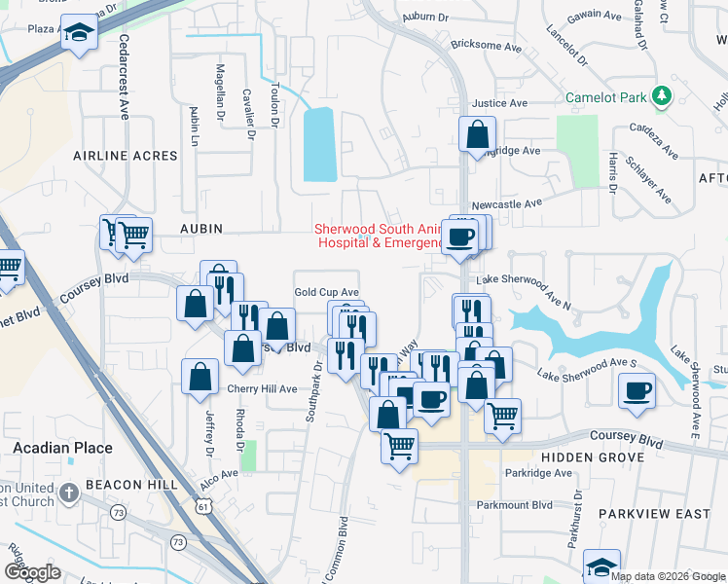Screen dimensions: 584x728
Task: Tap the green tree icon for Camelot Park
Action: (x=662, y=95)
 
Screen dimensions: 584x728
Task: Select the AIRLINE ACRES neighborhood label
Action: (x=126, y=156)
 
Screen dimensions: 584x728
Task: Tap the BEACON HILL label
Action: (x=131, y=485)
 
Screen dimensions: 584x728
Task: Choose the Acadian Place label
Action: (x=63, y=449)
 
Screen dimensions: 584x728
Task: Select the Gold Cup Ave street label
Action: (x=327, y=292)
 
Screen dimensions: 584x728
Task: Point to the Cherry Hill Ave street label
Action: (x=261, y=388)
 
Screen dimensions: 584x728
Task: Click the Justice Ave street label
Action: (x=499, y=103)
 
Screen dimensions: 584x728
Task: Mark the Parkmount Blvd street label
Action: (x=528, y=505)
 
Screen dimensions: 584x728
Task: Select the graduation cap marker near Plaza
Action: (x=78, y=32)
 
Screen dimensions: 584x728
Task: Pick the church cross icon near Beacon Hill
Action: (x=68, y=493)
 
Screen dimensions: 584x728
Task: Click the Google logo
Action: (x=33, y=572)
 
